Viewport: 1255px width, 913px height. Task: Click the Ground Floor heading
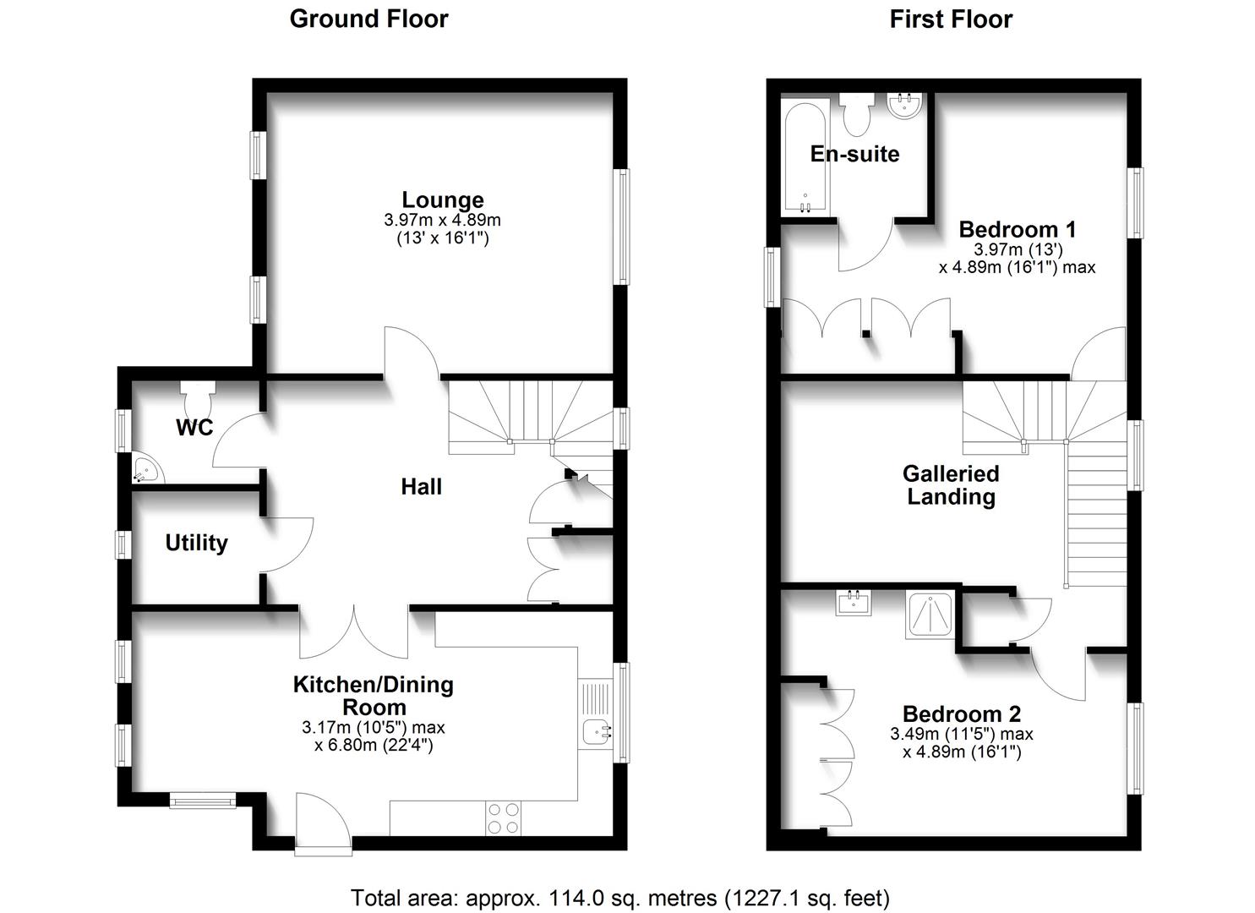coord(368,19)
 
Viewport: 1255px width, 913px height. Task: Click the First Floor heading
coord(951,19)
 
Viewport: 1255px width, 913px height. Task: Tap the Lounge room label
coord(443,200)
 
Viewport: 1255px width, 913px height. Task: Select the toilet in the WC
coord(199,392)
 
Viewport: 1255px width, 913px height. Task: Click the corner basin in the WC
coord(145,470)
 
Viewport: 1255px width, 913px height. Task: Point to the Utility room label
coord(196,543)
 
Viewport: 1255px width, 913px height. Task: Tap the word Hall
coord(421,487)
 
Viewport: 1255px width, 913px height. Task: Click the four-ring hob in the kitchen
coord(503,817)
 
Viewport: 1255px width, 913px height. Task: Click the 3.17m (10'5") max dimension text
coord(373,728)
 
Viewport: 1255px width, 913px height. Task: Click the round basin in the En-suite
coord(903,106)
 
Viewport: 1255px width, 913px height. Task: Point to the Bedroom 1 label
coord(1018,229)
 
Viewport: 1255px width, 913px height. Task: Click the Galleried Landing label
coord(951,485)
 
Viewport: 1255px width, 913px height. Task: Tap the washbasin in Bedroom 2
coord(853,603)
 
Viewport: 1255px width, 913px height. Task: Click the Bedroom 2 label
coord(962,713)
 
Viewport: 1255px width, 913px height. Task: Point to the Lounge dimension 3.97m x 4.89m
coord(442,221)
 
